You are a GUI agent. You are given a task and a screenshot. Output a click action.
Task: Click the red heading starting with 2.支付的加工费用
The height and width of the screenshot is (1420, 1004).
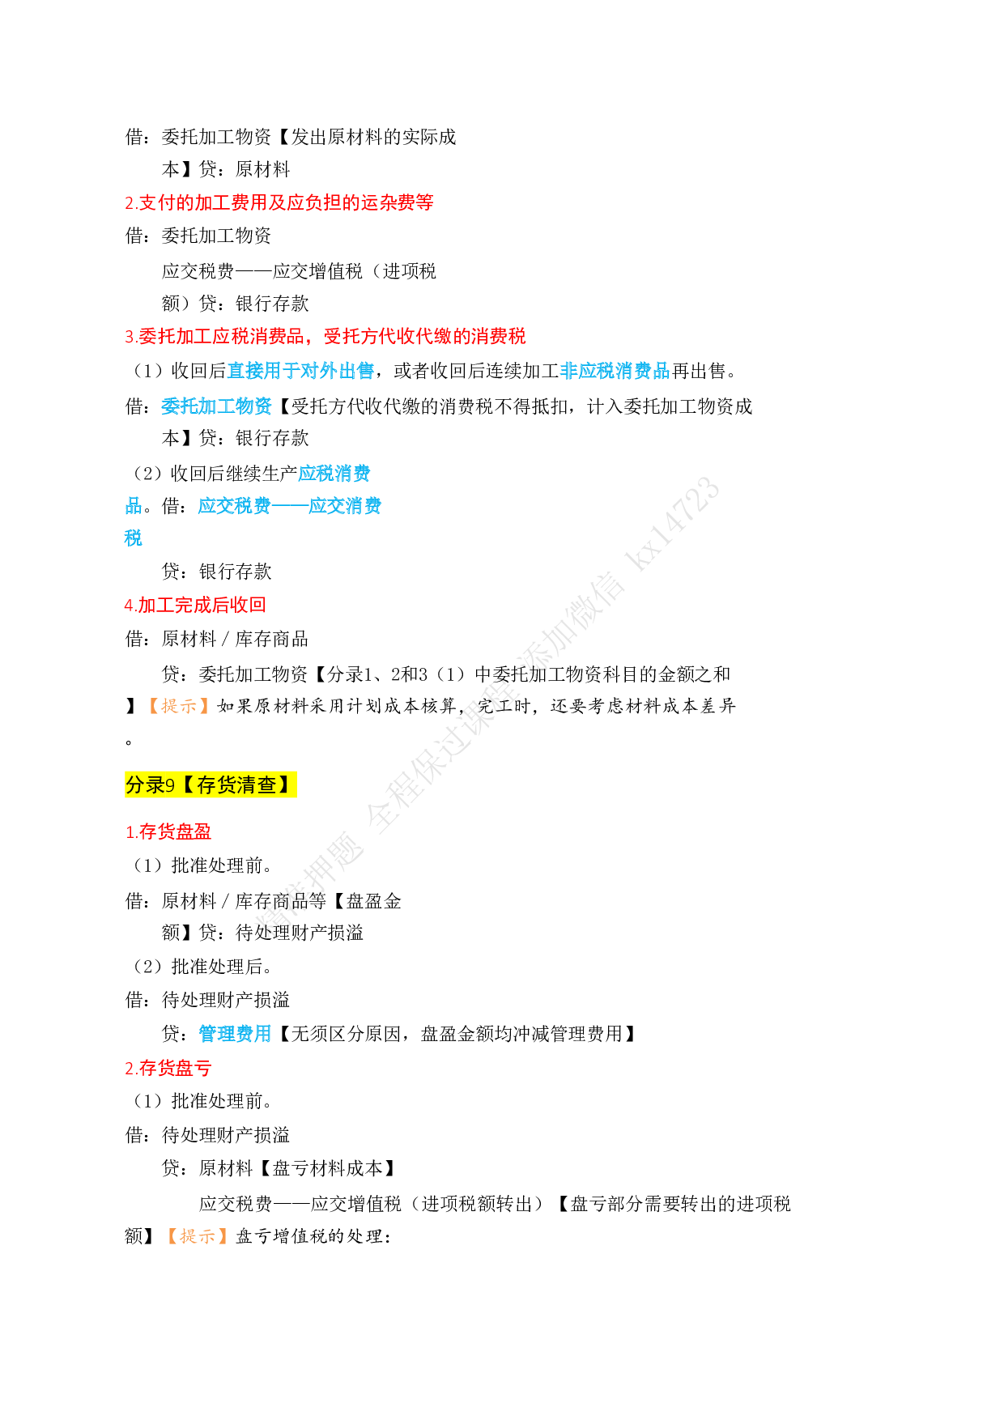(x=279, y=202)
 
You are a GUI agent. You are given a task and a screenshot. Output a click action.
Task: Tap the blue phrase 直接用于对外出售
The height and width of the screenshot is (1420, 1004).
(x=300, y=371)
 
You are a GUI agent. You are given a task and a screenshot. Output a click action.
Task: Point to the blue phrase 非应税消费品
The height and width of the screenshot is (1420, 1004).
(x=615, y=371)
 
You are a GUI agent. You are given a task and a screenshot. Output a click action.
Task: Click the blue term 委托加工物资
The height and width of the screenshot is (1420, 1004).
(x=216, y=406)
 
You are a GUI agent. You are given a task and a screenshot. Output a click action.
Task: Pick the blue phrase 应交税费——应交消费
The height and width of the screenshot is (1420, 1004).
(x=289, y=506)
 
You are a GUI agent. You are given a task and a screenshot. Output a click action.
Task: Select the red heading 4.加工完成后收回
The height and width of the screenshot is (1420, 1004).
(x=195, y=605)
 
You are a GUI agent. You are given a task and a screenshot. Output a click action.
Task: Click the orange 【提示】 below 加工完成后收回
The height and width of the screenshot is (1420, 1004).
(x=179, y=706)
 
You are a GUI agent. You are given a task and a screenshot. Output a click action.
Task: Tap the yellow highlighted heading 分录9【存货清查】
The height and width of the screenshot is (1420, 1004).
(x=211, y=784)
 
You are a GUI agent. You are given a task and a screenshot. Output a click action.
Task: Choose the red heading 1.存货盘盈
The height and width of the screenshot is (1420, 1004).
(x=168, y=831)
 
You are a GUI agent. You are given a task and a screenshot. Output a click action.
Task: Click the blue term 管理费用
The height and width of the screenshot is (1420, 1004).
(x=235, y=1034)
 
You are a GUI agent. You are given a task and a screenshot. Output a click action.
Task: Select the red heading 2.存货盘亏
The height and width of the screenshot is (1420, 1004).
(x=168, y=1068)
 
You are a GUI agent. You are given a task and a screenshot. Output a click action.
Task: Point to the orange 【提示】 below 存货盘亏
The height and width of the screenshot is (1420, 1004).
(x=198, y=1236)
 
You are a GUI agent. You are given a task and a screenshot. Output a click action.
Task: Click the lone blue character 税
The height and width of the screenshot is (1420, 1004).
(x=134, y=538)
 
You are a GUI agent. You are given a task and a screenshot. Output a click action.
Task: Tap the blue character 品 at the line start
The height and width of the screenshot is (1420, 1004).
(x=134, y=506)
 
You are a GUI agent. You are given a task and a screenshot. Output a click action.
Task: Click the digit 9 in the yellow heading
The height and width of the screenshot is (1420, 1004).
(x=170, y=785)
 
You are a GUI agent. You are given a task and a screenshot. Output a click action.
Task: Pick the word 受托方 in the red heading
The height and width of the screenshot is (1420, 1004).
(x=351, y=336)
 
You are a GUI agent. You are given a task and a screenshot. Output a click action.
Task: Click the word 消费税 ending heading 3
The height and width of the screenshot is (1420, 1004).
(x=499, y=336)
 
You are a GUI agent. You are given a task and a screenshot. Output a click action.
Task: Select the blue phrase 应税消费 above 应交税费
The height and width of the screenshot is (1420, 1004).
(x=334, y=473)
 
